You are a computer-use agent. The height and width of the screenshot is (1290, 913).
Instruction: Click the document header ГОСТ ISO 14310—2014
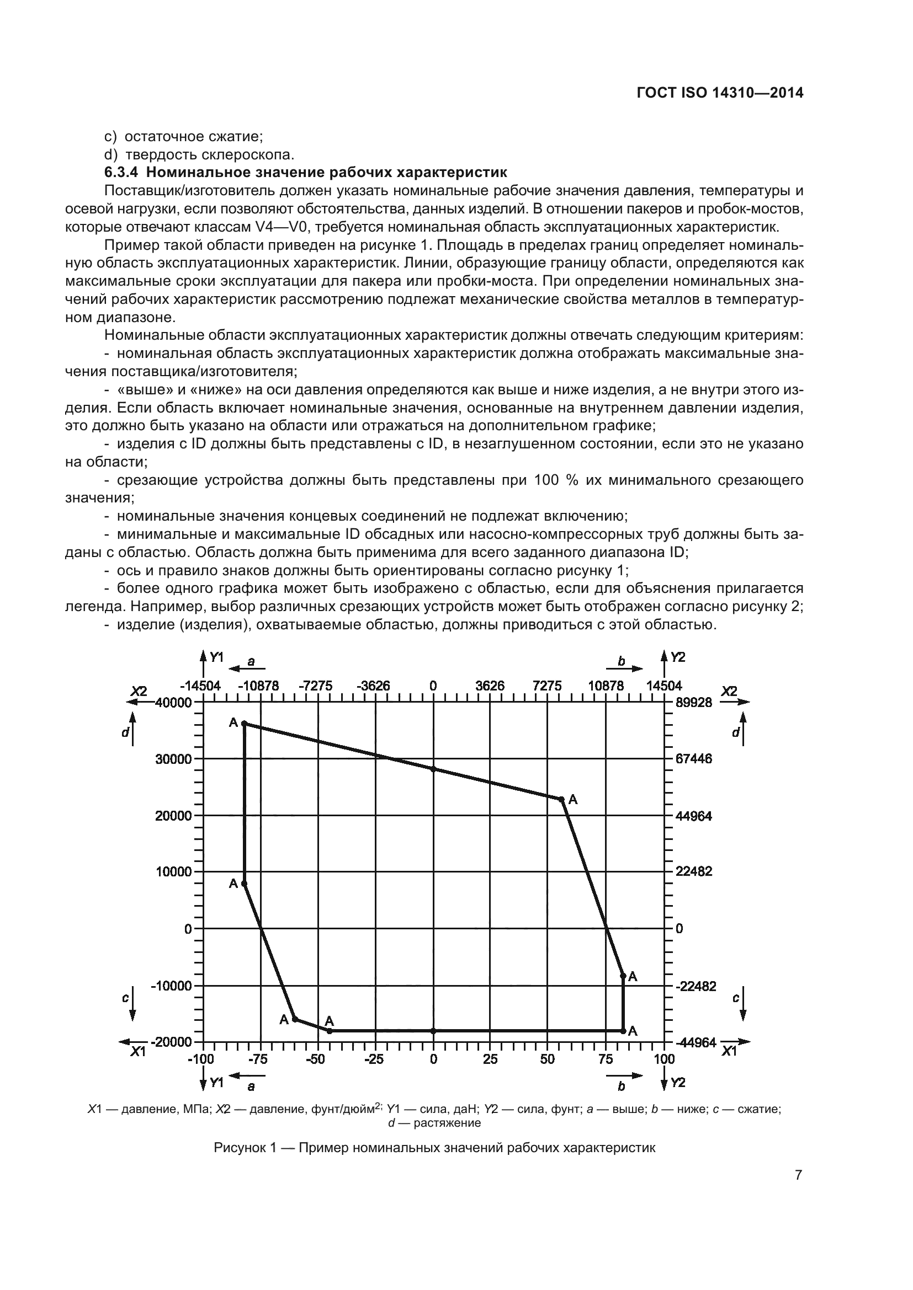(x=720, y=93)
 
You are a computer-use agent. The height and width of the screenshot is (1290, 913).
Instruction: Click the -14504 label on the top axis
(x=200, y=686)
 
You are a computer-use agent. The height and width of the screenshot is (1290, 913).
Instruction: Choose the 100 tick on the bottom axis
(x=664, y=1059)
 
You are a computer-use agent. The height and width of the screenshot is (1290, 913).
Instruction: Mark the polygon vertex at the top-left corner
(x=244, y=724)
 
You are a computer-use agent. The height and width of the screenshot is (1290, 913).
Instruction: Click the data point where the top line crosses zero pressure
(x=433, y=769)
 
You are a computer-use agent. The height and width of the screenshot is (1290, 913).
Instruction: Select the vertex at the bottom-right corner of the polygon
(x=623, y=1031)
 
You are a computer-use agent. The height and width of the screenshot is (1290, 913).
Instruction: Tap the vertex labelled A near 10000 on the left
(x=244, y=884)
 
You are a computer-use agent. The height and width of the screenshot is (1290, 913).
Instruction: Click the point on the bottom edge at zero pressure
(x=433, y=1031)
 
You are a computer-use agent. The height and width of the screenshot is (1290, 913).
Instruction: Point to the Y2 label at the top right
(x=678, y=657)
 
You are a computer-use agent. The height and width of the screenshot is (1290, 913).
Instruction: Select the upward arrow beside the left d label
(x=132, y=729)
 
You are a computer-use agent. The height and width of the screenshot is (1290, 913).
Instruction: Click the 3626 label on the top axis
(x=490, y=686)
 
